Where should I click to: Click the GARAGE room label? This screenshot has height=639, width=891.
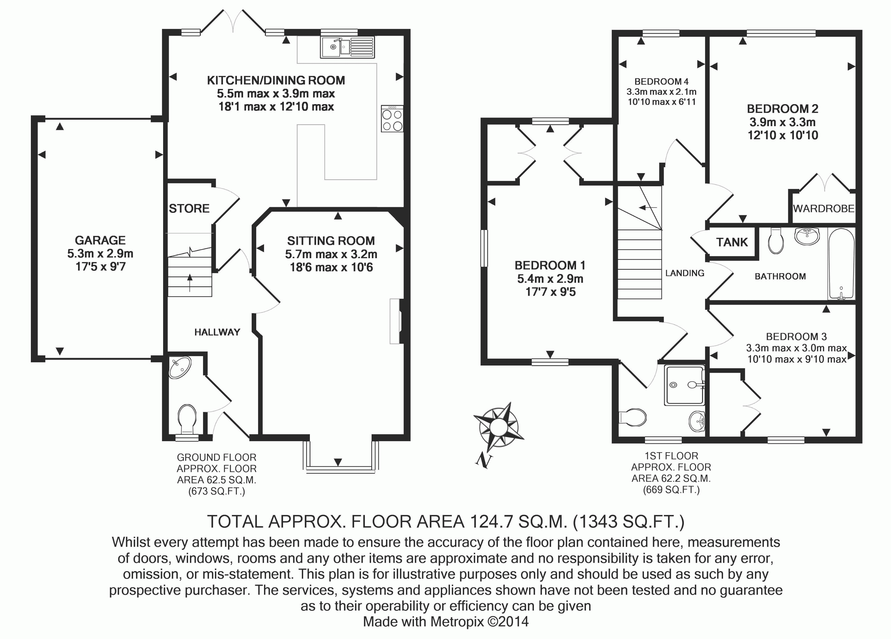(100, 240)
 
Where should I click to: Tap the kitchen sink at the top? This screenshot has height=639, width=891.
(347, 47)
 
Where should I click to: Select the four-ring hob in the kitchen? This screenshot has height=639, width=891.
(392, 118)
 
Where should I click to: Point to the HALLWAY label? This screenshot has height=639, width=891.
(217, 333)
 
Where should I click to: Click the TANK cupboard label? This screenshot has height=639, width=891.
(732, 242)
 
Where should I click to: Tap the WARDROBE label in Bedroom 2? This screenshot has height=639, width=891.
(823, 209)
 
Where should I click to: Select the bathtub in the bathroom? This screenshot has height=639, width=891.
(841, 264)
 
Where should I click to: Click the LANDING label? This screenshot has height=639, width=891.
(685, 273)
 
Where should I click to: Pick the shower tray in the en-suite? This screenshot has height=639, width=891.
(684, 385)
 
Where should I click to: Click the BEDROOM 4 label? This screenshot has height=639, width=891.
(662, 82)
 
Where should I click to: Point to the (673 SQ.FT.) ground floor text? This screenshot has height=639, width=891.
(217, 491)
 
